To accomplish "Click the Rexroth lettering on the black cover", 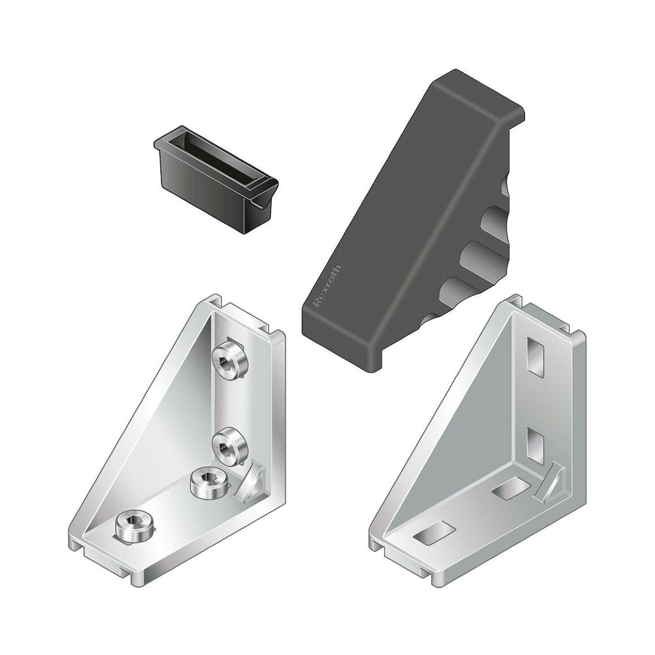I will coord(327,286).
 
